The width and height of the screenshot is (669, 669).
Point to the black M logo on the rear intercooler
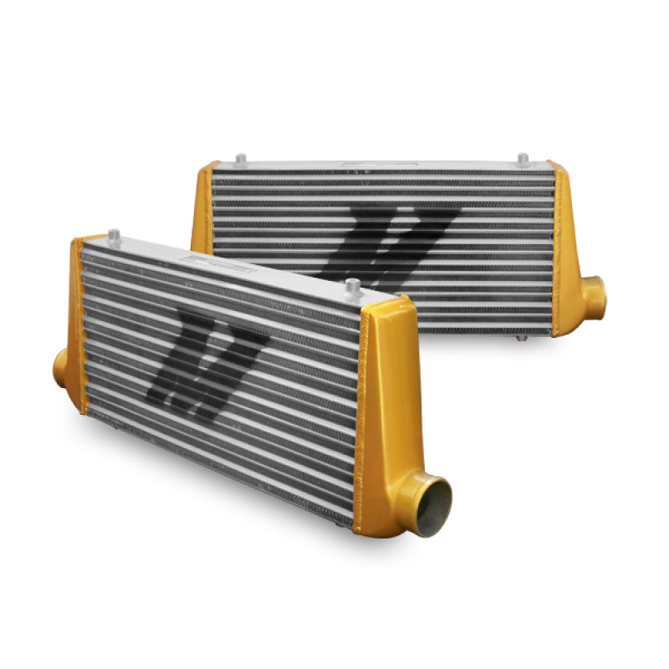tap(393, 243)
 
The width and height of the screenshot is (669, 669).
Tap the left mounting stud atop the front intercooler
tap(115, 236)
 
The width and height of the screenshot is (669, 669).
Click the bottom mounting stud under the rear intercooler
tap(522, 337)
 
